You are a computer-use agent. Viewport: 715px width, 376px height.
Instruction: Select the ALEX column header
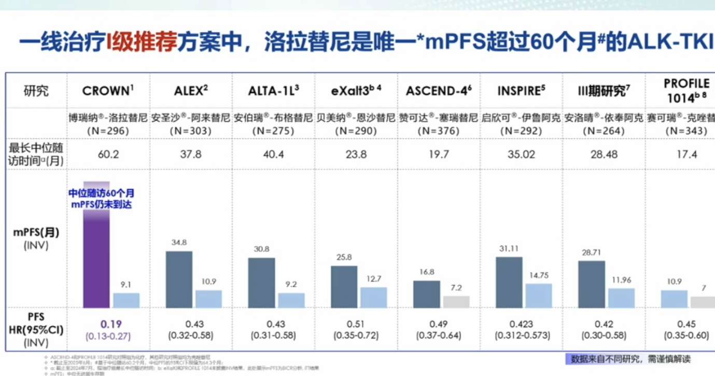pyautogui.click(x=191, y=91)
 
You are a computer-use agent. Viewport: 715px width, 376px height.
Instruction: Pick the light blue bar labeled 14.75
pyautogui.click(x=538, y=295)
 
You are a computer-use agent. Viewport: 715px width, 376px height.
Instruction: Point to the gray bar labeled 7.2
pyautogui.click(x=456, y=301)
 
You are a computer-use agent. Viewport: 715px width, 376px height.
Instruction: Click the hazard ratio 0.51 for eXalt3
pyautogui.click(x=356, y=324)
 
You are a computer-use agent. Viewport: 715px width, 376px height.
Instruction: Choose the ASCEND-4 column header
pyautogui.click(x=439, y=91)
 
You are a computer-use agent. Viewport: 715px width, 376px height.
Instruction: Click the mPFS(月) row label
pyautogui.click(x=36, y=232)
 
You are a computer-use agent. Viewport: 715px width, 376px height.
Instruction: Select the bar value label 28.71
pyautogui.click(x=591, y=251)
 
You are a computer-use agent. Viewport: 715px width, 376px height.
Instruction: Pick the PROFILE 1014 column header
pyautogui.click(x=685, y=91)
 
